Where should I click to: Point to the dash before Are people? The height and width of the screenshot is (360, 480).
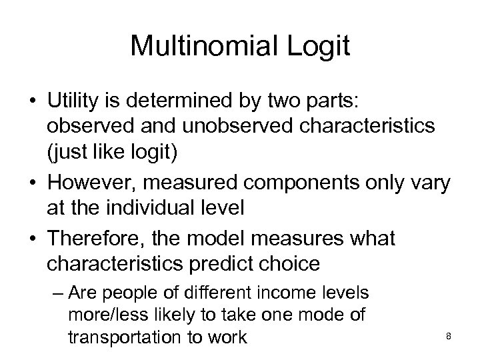click(x=57, y=294)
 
